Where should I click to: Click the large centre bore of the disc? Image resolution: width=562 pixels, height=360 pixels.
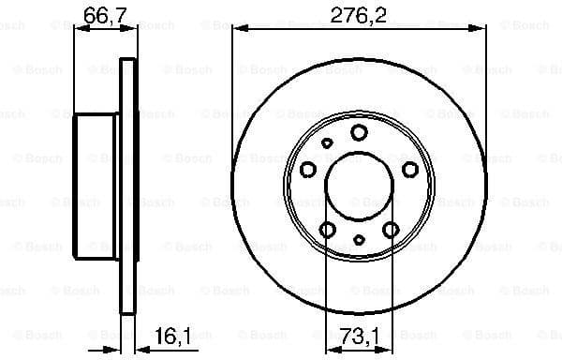point(359,187)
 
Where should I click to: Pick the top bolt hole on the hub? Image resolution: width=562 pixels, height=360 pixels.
point(359,132)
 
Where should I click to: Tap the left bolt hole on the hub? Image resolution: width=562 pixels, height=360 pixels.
point(307,169)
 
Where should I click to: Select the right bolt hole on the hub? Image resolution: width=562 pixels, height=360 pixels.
point(410,169)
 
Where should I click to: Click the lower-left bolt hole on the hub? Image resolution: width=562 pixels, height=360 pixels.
point(327,230)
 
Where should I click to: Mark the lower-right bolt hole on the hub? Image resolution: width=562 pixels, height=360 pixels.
point(391,230)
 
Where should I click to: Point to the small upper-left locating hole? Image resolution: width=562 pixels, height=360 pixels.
point(327,143)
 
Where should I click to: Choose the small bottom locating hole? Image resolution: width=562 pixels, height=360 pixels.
point(359,241)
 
